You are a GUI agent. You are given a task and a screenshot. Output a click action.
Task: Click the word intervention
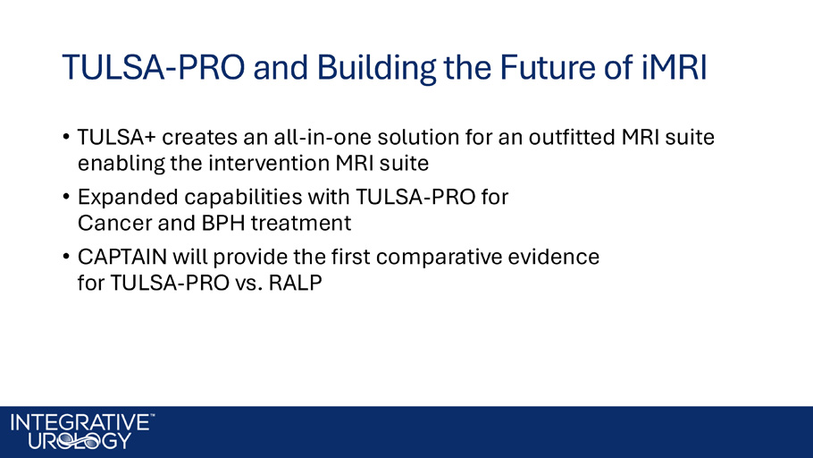(x=268, y=163)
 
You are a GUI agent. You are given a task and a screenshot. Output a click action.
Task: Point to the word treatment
(x=301, y=224)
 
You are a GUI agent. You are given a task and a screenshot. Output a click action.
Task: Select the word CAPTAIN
(x=122, y=257)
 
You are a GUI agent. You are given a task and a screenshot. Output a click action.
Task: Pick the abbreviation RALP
(x=295, y=283)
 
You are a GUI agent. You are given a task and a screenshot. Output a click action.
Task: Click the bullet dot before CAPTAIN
(x=66, y=256)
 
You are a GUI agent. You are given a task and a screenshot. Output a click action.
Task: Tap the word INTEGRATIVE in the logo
(x=80, y=423)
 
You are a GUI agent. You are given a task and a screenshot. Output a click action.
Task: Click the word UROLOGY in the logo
(x=80, y=441)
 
